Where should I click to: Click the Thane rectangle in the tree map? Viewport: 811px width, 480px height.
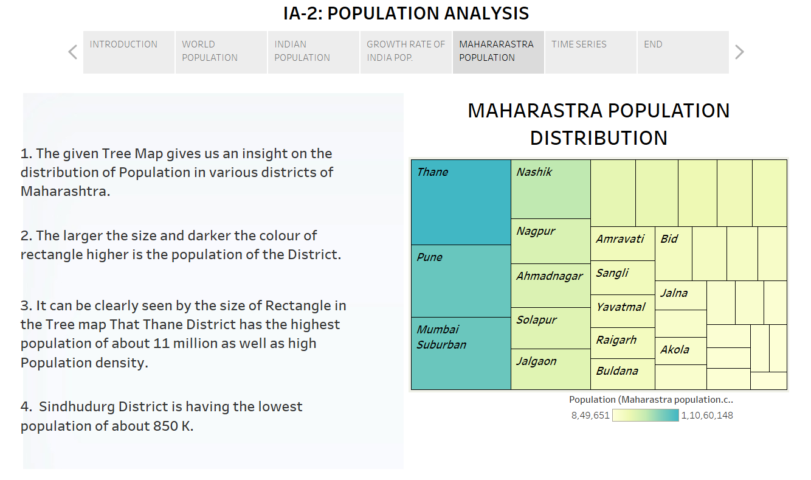461,202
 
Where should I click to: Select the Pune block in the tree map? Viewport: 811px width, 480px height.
461,281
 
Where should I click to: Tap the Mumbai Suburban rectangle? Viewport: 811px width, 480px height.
461,353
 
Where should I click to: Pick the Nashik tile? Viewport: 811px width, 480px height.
551,189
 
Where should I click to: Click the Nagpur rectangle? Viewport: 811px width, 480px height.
551,241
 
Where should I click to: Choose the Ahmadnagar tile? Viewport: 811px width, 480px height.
551,285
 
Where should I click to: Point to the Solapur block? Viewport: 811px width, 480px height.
551,328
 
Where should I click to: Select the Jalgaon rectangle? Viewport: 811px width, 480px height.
551,369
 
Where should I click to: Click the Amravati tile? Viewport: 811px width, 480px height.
623,244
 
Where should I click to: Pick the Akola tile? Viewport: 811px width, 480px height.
681,351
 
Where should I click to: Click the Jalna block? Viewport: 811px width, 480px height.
681,295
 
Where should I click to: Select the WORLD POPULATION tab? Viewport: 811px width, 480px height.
221,52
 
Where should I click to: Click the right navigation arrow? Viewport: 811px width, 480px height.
739,52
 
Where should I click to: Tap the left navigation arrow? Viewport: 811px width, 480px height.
73,52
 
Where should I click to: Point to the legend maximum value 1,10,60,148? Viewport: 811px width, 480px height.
706,416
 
